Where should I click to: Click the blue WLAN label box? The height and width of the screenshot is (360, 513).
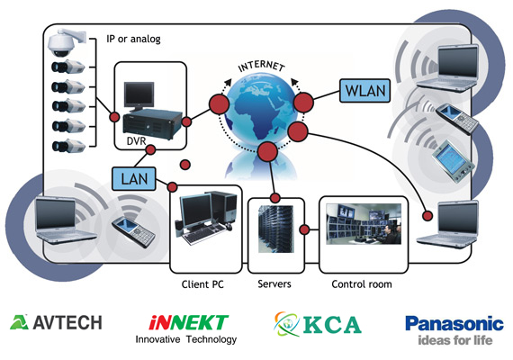coord(364,91)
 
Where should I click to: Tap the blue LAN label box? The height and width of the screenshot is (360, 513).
coord(134,179)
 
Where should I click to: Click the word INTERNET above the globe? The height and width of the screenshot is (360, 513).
coord(261,66)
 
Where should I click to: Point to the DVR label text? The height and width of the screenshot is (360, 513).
coord(136,141)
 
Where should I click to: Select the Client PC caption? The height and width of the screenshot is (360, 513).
coord(202,284)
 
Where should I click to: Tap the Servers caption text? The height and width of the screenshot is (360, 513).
coord(274,283)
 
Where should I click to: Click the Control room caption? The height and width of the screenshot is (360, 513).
coord(362,284)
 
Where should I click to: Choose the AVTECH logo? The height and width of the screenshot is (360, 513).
coord(56,322)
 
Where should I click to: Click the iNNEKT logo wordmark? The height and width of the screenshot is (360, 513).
coord(188,322)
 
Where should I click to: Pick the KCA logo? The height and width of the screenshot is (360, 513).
coord(318,324)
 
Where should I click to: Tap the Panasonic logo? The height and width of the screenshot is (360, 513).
coord(454,323)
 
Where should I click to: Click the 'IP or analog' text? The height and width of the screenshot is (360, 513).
coord(133,39)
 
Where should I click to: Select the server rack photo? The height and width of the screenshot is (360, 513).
coord(275,229)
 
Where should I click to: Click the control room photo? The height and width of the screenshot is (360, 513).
coord(364,224)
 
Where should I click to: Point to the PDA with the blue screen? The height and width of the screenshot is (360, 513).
coord(453,161)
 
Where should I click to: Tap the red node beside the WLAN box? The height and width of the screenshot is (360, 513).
coord(303,103)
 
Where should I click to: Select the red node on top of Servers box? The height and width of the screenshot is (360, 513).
coord(275,198)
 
